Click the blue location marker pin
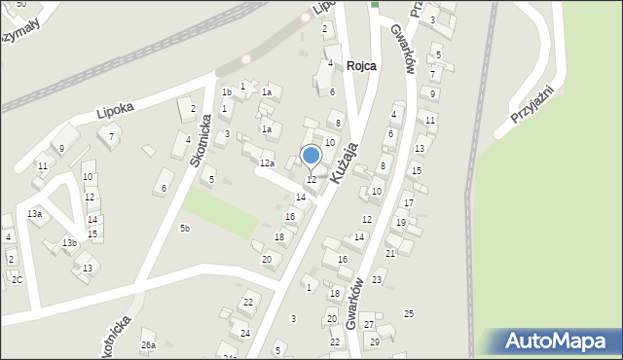click(311, 155)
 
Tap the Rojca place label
click(359, 66)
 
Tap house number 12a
click(266, 162)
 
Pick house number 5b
click(184, 228)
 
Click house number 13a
click(35, 213)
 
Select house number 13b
click(69, 242)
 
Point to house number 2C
click(17, 279)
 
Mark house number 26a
click(148, 344)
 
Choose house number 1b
click(226, 92)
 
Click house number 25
click(409, 312)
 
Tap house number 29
click(374, 342)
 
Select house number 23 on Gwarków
click(377, 279)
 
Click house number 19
click(400, 223)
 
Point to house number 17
click(409, 202)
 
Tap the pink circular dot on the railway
click(246, 58)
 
